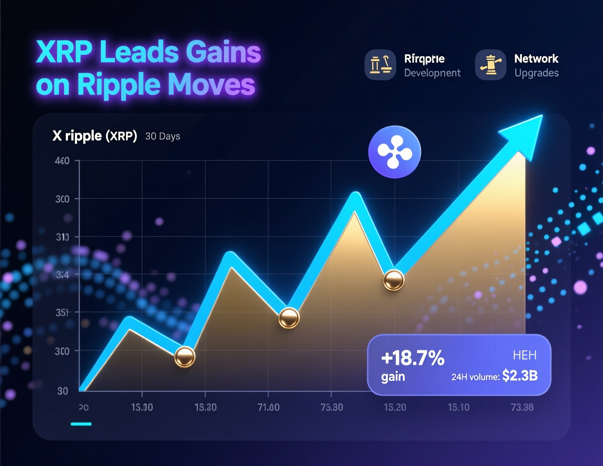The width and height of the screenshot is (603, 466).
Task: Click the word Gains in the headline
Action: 223,52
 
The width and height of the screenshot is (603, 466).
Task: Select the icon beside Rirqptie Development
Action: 380,65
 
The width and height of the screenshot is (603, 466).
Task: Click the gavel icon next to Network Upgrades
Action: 490,65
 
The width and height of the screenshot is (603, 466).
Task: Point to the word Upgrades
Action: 536,73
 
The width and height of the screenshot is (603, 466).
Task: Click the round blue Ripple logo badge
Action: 394,152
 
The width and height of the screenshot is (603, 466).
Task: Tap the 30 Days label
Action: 163,136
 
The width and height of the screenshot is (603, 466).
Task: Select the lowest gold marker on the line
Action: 185,356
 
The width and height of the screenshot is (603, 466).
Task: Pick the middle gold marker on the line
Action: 289,318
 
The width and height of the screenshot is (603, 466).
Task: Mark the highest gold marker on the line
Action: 394,280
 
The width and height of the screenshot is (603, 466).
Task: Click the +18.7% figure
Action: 413,358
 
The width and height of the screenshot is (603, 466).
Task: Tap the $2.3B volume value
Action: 520,376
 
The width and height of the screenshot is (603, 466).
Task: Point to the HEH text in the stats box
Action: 525,355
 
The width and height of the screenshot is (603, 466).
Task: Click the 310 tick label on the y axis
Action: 62,237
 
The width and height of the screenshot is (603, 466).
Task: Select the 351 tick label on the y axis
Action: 62,313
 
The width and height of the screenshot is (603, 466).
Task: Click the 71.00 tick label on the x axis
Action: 268,407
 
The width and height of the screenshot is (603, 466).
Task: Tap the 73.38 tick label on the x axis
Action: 522,407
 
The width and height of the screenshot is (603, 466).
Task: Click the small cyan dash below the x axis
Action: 81,424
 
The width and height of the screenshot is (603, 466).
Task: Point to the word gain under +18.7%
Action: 393,377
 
